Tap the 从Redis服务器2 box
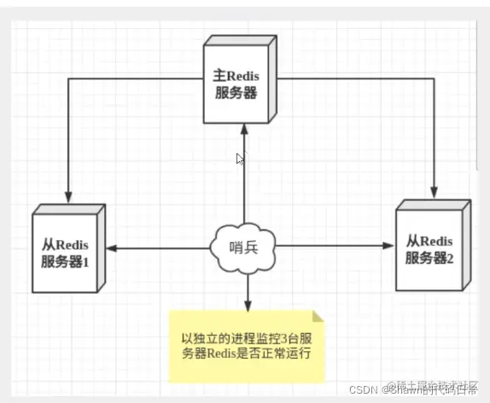(432, 248)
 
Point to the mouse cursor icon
(241, 158)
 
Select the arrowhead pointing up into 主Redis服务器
(245, 129)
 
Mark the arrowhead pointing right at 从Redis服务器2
(389, 246)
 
